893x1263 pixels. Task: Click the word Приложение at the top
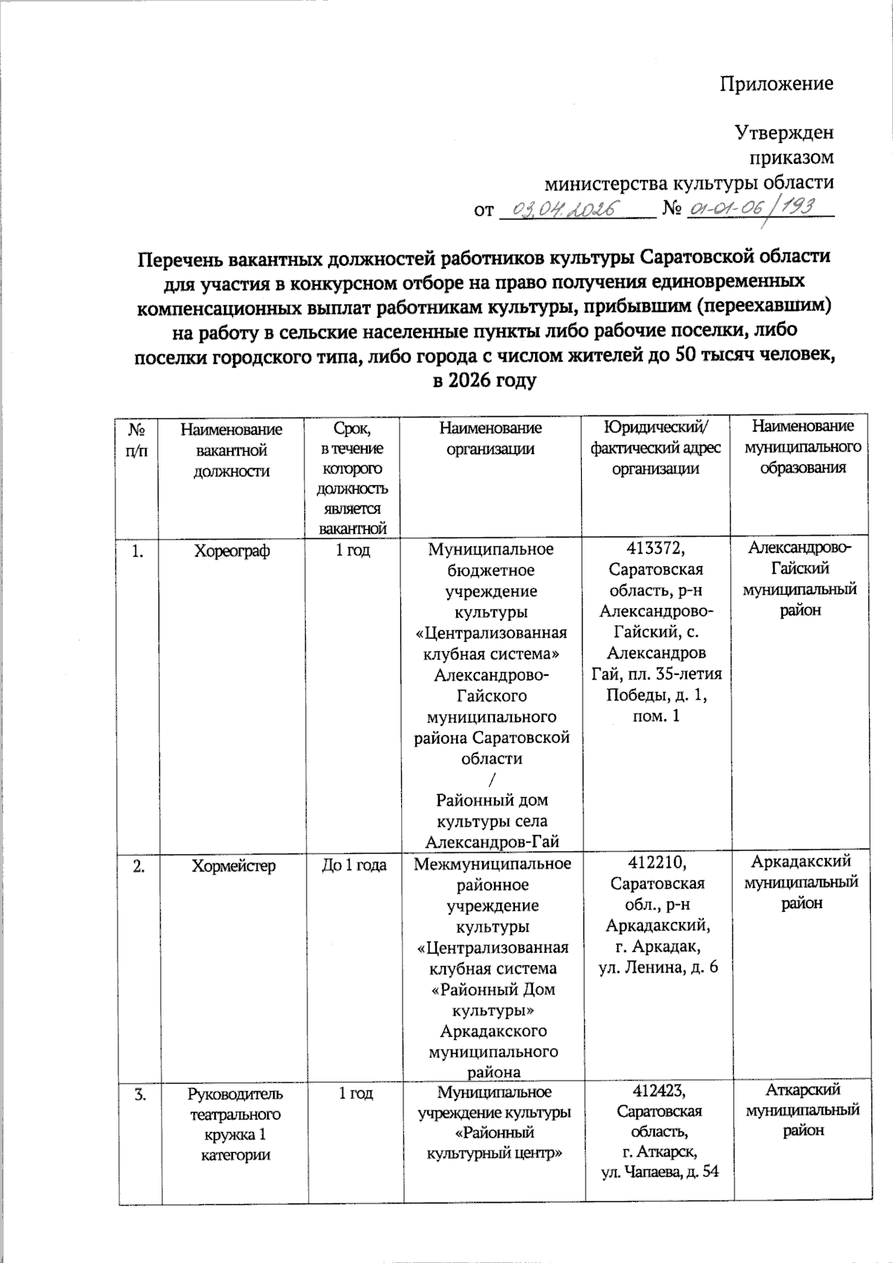click(776, 83)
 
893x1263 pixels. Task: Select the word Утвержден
click(784, 132)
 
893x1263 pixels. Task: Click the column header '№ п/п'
click(137, 441)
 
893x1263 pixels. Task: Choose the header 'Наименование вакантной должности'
click(231, 450)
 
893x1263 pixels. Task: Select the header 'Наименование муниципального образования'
click(802, 447)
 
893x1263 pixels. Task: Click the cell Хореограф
click(231, 551)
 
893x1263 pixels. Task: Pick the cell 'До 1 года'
click(353, 865)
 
